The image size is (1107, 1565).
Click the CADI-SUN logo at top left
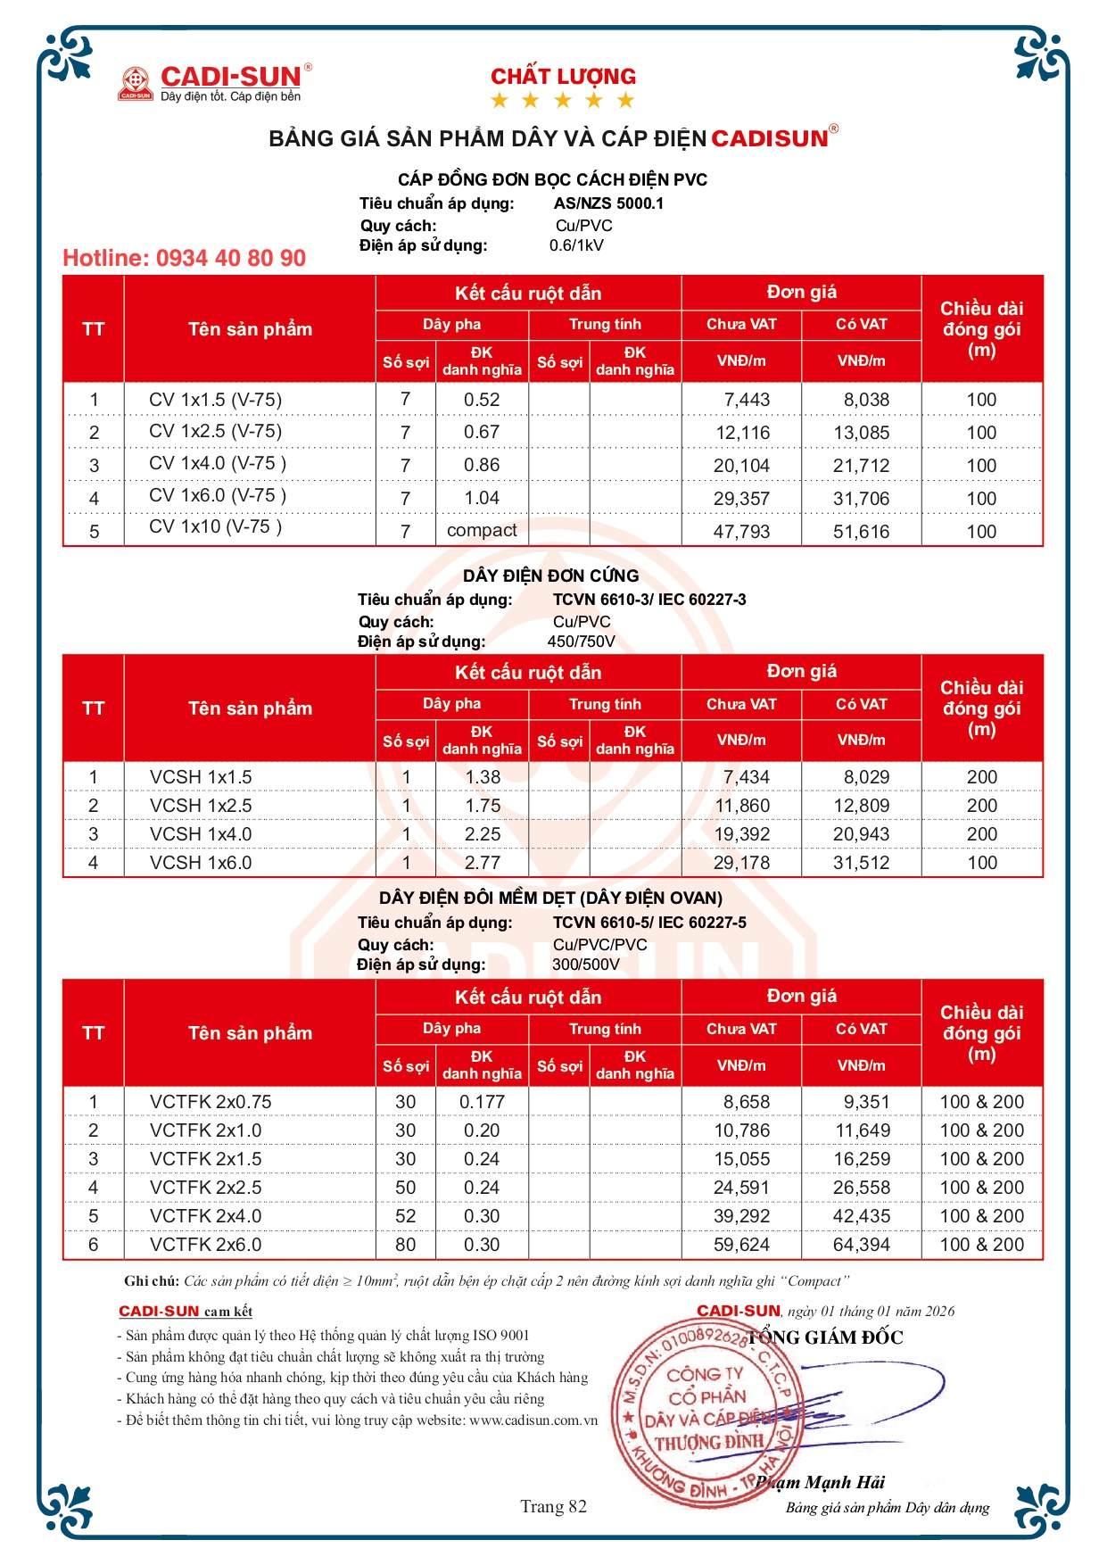pyautogui.click(x=214, y=82)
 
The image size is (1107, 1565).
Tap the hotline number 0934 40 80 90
pyautogui.click(x=184, y=259)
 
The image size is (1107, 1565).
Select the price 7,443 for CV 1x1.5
pyautogui.click(x=746, y=400)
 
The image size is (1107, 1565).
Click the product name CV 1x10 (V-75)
pyautogui.click(x=215, y=526)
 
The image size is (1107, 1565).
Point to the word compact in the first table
pyautogui.click(x=482, y=530)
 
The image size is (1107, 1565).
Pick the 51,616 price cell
pyautogui.click(x=861, y=532)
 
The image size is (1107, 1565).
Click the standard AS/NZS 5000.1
pyautogui.click(x=608, y=203)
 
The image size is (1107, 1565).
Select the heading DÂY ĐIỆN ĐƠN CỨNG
pyautogui.click(x=550, y=576)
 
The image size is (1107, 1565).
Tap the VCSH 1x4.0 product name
pyautogui.click(x=201, y=834)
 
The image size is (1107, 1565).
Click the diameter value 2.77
pyautogui.click(x=483, y=863)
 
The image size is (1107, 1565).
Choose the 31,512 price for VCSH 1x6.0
pyautogui.click(x=861, y=863)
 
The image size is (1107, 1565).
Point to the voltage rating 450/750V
pyautogui.click(x=581, y=642)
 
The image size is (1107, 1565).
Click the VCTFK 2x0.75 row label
pyautogui.click(x=211, y=1102)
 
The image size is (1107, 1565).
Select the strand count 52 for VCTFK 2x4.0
pyautogui.click(x=406, y=1216)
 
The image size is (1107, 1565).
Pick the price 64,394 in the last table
pyautogui.click(x=861, y=1245)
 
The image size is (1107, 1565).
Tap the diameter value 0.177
pyautogui.click(x=483, y=1102)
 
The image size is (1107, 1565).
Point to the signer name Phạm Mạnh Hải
pyautogui.click(x=821, y=1482)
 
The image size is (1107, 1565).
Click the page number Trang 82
pyautogui.click(x=553, y=1506)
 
